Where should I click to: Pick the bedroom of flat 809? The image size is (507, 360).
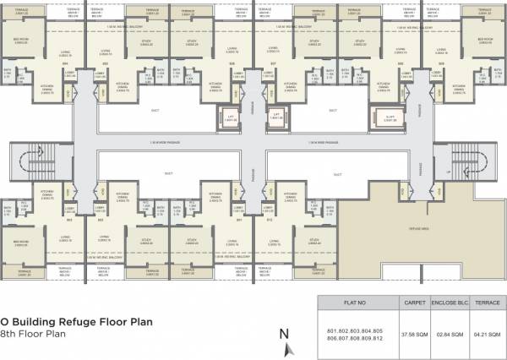pos(484,46)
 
